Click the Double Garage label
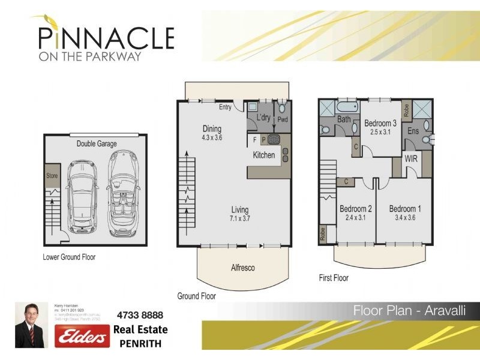(x=96, y=144)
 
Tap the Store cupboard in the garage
(x=52, y=176)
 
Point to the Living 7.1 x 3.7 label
(x=240, y=214)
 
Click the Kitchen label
(x=263, y=155)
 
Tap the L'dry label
(x=263, y=118)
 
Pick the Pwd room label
(x=282, y=120)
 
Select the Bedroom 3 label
(x=380, y=124)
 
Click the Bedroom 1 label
(x=405, y=209)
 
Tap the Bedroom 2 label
(x=356, y=209)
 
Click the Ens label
(x=413, y=130)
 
